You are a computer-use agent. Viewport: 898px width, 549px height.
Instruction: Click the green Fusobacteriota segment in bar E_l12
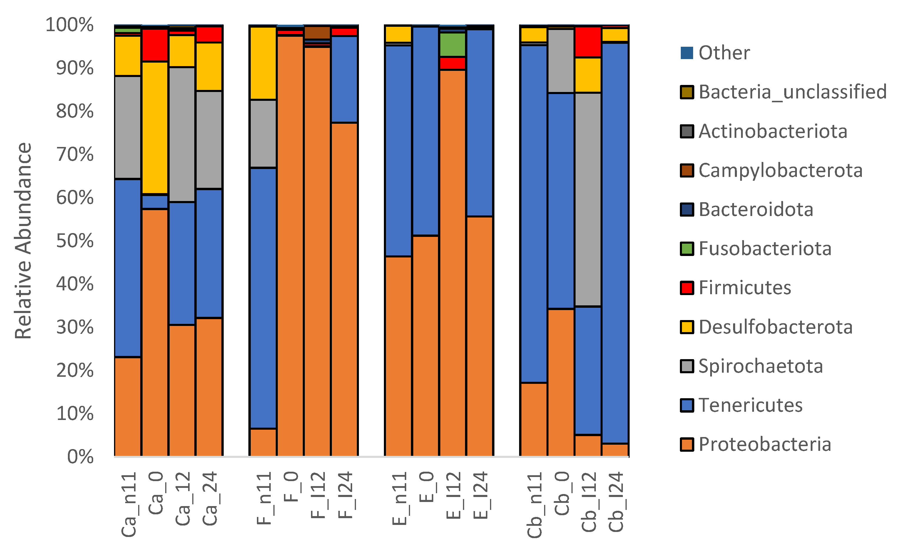[x=453, y=44]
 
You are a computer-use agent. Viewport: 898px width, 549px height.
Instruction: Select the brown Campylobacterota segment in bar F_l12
[x=317, y=32]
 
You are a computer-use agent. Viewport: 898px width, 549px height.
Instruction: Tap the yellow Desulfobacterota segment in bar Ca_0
[x=155, y=128]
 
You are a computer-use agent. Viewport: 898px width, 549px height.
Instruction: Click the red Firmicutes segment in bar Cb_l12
[x=588, y=42]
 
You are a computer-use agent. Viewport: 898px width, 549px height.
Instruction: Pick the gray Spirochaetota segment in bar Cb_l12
[x=588, y=199]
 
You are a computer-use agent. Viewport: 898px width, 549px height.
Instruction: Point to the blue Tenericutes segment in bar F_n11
[x=263, y=298]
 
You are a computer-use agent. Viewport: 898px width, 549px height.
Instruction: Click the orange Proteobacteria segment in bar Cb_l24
[x=615, y=450]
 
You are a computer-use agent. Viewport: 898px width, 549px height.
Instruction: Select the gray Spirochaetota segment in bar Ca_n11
[x=128, y=127]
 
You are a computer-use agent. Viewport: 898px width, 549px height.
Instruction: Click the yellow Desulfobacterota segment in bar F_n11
[x=263, y=63]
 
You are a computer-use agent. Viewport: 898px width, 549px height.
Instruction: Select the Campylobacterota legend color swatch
[x=687, y=170]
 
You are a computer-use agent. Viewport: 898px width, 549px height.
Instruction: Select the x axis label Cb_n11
[x=534, y=505]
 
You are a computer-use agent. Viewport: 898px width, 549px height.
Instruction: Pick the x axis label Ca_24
[x=210, y=498]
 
